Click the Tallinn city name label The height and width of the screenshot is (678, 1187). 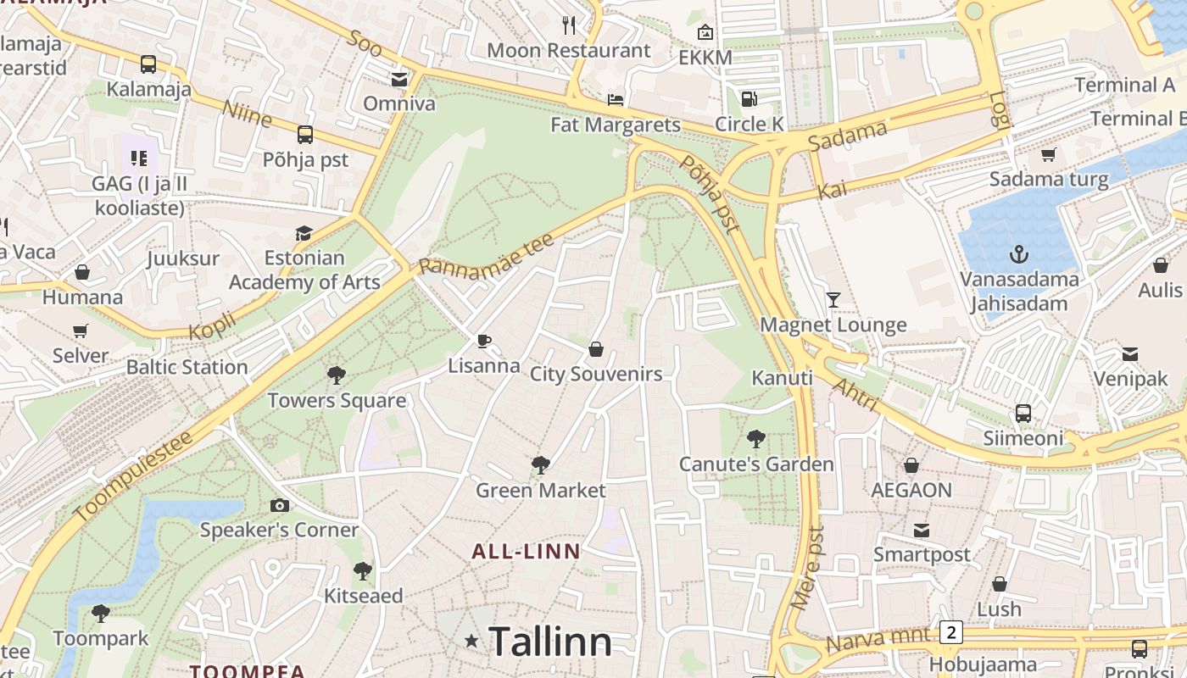tap(549, 642)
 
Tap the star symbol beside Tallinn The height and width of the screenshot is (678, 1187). tap(471, 642)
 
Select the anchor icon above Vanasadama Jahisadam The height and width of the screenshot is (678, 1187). tap(1019, 254)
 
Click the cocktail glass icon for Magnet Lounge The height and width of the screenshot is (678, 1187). tap(833, 299)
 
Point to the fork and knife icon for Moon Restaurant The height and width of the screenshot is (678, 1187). tap(569, 25)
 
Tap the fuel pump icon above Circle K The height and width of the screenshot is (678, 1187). tap(749, 99)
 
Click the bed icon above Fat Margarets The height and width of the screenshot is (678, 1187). tap(616, 100)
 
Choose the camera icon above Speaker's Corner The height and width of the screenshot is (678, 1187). tap(279, 506)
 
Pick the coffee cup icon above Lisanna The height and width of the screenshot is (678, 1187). tap(484, 342)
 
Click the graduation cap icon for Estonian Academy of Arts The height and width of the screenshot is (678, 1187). tap(304, 233)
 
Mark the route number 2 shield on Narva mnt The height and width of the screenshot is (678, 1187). tap(951, 632)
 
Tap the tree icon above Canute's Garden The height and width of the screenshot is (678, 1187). tap(756, 439)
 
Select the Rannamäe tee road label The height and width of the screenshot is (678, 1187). tap(488, 253)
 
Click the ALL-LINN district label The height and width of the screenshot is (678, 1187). tap(526, 552)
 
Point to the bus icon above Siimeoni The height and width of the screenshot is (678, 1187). tap(1023, 414)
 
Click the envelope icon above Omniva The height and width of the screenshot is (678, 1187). tap(398, 79)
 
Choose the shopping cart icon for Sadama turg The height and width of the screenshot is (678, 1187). tap(1049, 154)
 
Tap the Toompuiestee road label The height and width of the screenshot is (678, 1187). tap(133, 475)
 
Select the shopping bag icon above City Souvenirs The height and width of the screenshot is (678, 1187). tap(596, 349)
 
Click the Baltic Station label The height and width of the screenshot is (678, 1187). tap(187, 367)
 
